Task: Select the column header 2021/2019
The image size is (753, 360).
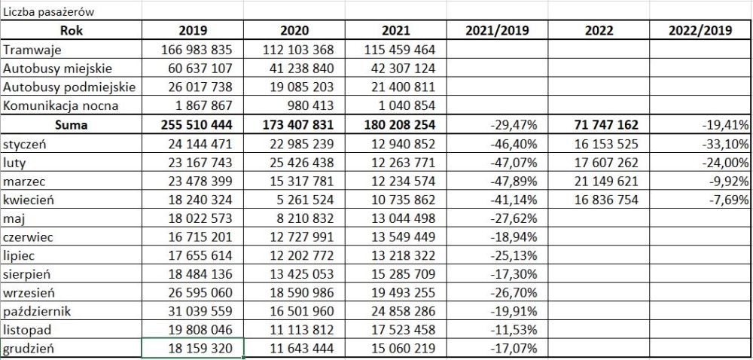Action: click(x=498, y=32)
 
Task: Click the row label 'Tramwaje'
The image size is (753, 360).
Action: click(x=32, y=50)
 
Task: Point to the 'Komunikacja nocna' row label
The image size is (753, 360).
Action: click(x=61, y=106)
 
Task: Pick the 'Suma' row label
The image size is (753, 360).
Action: click(x=72, y=124)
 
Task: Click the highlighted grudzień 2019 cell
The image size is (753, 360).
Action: click(x=194, y=349)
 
